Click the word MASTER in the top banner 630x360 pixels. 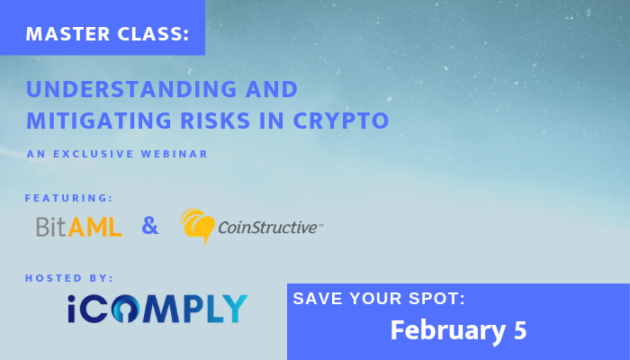67,34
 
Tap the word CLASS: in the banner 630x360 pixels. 154,34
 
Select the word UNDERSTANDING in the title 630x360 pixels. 131,89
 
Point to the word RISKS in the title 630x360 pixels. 215,120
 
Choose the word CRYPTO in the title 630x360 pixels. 341,120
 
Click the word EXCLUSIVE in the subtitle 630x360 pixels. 94,154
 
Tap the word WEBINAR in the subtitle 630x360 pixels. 175,154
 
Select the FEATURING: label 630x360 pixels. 68,198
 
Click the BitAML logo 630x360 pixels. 79,227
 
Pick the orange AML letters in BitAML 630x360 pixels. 94,227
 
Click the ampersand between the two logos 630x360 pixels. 150,225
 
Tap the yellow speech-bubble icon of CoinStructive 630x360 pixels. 197,225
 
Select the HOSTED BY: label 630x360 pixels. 69,278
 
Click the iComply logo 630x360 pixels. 157,309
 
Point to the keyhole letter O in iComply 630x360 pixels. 125,309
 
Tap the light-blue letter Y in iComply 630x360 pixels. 234,309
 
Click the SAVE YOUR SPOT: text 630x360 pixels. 379,299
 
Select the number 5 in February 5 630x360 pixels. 520,330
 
